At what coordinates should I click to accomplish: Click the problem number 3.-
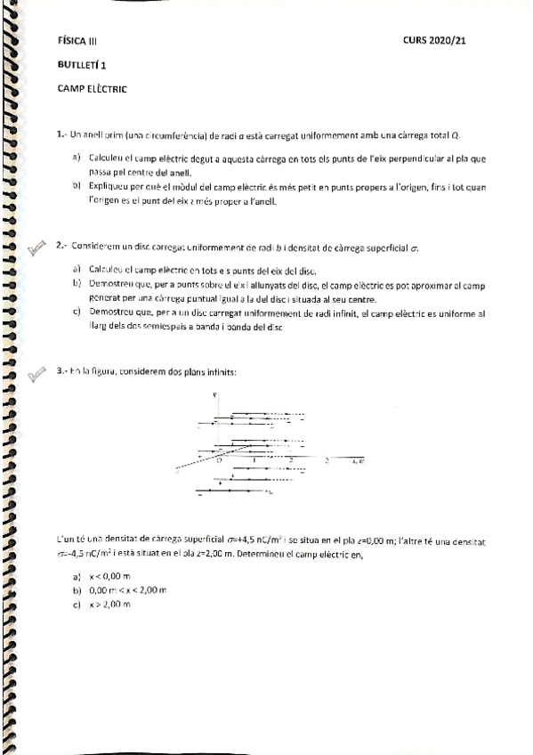[x=61, y=370]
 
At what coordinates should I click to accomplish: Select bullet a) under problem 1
[x=77, y=158]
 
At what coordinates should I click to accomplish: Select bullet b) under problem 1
[x=77, y=186]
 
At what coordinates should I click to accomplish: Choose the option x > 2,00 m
[x=109, y=605]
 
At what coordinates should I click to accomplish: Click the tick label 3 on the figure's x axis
[x=327, y=459]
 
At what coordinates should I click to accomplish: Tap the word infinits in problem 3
[x=220, y=370]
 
